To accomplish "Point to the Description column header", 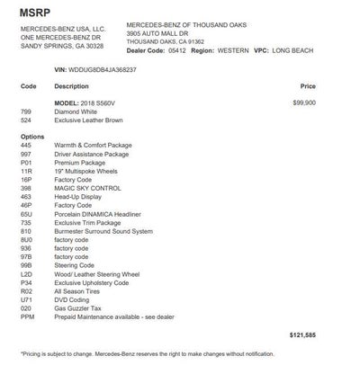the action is pos(71,86).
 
